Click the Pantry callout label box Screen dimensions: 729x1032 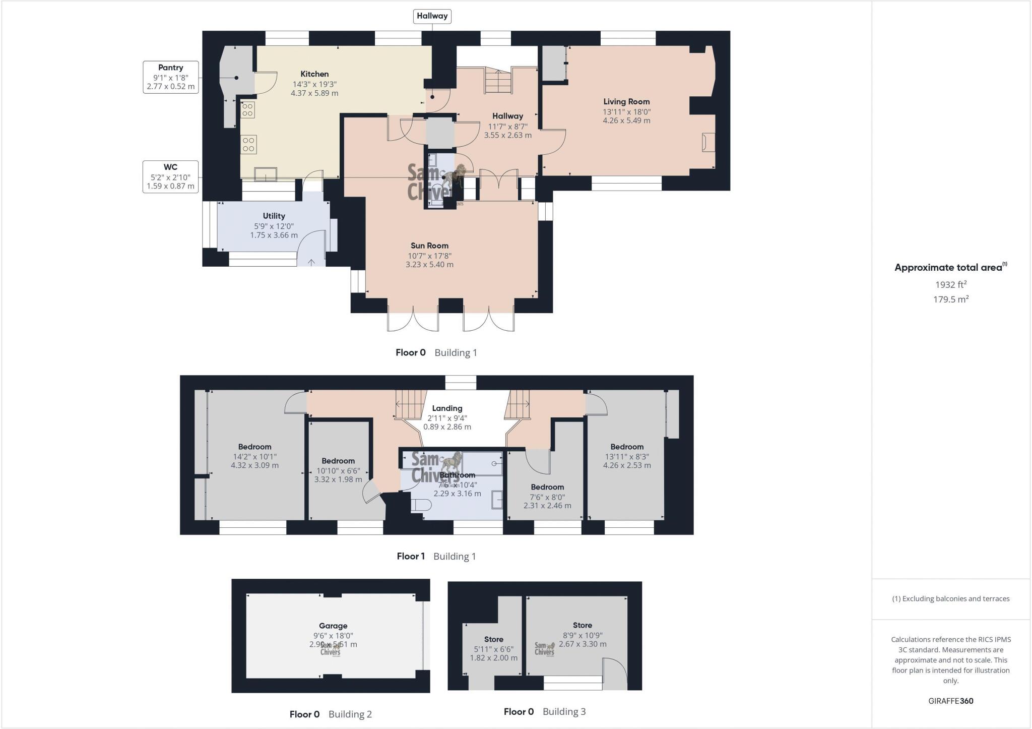(170, 77)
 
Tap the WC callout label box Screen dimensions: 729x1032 (170, 176)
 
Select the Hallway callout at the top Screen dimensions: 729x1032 (432, 16)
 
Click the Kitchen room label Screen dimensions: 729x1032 (314, 74)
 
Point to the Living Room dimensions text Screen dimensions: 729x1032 (626, 116)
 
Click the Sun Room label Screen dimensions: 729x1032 (429, 246)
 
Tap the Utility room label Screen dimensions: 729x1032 (274, 216)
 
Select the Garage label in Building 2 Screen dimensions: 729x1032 (333, 626)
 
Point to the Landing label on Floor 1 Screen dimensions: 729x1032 (447, 408)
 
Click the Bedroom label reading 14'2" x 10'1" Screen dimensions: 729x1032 (254, 447)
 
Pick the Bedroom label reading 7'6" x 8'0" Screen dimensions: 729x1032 (547, 487)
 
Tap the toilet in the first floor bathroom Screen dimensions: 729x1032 (421, 505)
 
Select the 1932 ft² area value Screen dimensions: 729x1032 (950, 285)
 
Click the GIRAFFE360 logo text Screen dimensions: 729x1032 (950, 701)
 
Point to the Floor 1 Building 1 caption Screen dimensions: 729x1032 (436, 556)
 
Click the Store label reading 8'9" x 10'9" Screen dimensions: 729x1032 (582, 625)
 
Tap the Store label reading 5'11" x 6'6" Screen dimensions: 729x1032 (493, 639)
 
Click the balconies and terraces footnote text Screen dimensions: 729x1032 (950, 599)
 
